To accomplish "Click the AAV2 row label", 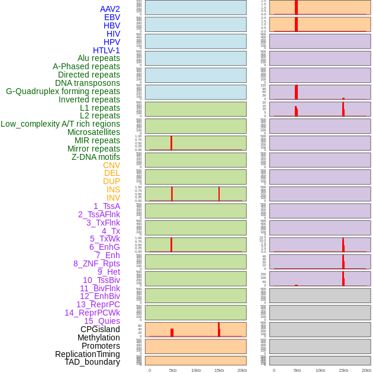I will (x=110, y=9).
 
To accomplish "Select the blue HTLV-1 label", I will (x=106, y=50).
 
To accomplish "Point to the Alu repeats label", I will (x=98, y=58).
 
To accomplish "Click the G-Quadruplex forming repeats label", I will (x=63, y=91).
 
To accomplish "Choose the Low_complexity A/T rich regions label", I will (x=60, y=124).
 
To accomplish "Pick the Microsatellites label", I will (x=94, y=132).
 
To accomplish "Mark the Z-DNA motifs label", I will (x=96, y=157).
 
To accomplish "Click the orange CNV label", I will (x=111, y=165).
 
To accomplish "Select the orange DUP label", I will (x=111, y=181).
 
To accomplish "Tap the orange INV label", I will (x=113, y=198).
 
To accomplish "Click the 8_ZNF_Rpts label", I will (x=97, y=263).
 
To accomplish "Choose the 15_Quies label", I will (x=102, y=321).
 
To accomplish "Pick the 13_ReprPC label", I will (x=98, y=304).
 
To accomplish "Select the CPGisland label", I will (x=100, y=329).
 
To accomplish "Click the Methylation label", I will (x=98, y=337).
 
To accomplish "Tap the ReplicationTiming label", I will (x=88, y=354).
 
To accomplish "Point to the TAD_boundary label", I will (x=92, y=362).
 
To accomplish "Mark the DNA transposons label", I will (x=88, y=83).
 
